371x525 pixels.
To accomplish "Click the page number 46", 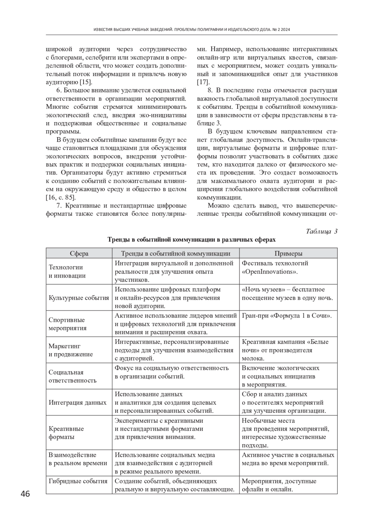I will click(25, 494).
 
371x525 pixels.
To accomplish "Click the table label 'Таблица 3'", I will click(322, 231).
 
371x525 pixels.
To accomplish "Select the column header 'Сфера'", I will click(79, 254).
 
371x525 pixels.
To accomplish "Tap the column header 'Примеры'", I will click(288, 254).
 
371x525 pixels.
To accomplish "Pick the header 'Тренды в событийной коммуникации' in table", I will click(176, 254).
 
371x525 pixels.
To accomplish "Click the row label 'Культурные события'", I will click(79, 298).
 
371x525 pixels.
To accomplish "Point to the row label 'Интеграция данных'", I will click(78, 403).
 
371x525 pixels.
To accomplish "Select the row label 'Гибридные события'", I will click(78, 481).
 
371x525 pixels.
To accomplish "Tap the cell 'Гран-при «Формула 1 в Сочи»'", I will click(287, 316).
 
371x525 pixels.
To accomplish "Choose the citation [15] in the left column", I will click(86, 82).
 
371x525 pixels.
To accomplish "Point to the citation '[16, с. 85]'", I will click(61, 197).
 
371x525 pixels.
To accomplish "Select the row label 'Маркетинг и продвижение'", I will click(70, 350).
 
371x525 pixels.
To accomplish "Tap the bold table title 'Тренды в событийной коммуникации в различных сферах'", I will click(191, 240).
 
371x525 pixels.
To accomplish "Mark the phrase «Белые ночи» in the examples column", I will click(309, 346).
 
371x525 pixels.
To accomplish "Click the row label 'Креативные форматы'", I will click(66, 433).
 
